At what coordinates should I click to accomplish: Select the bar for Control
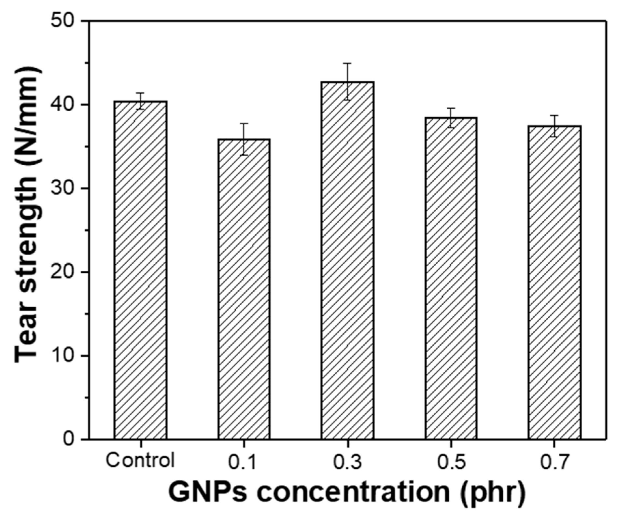140,270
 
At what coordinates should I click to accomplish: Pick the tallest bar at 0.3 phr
347,260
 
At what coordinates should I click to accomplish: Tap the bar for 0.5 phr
451,278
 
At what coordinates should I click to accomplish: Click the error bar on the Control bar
140,101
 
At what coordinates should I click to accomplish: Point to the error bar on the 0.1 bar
244,139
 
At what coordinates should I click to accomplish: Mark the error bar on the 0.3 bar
347,81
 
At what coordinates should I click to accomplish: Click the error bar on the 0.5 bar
451,118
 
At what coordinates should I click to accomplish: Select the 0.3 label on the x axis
347,461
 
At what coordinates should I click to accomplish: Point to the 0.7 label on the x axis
554,461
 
